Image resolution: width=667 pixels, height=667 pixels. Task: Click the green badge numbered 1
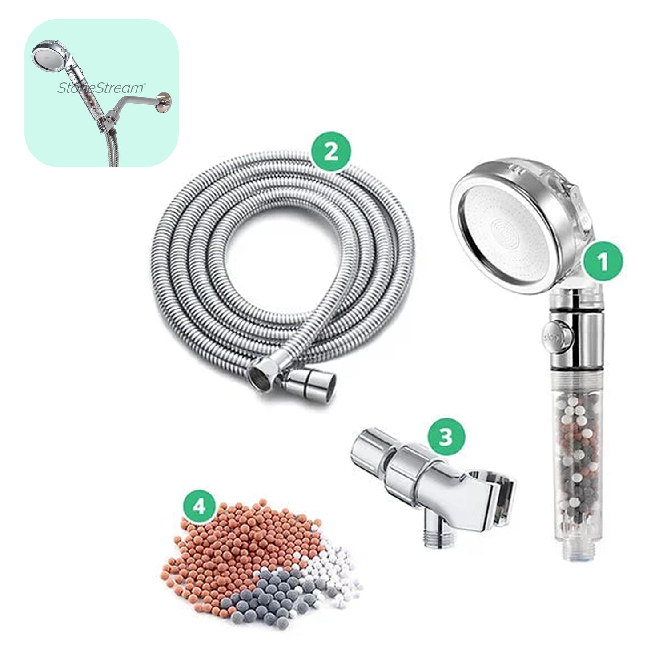[603, 262]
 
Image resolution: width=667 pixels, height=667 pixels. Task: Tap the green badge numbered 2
[331, 152]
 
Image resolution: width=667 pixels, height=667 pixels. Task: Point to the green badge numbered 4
[199, 505]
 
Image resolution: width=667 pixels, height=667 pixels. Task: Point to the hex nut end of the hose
[261, 374]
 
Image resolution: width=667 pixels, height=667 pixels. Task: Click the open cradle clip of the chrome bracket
[498, 498]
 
